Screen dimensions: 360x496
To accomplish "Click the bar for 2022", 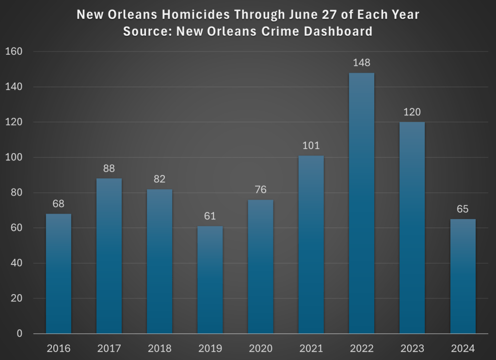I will [361, 203].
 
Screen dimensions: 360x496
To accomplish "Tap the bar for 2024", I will [463, 276].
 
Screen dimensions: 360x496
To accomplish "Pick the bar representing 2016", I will [59, 274].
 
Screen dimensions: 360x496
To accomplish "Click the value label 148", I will [362, 63].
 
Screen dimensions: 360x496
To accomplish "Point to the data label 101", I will [311, 145].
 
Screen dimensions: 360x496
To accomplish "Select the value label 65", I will [463, 209].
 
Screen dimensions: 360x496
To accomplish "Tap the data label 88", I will [109, 169].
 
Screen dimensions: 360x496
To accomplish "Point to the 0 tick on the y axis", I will [19, 334].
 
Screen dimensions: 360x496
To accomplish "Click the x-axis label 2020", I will [260, 348].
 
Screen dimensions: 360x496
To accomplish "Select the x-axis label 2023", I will [412, 348].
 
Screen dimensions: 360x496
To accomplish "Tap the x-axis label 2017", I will [109, 348].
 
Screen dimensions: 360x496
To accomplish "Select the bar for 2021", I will [311, 245].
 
